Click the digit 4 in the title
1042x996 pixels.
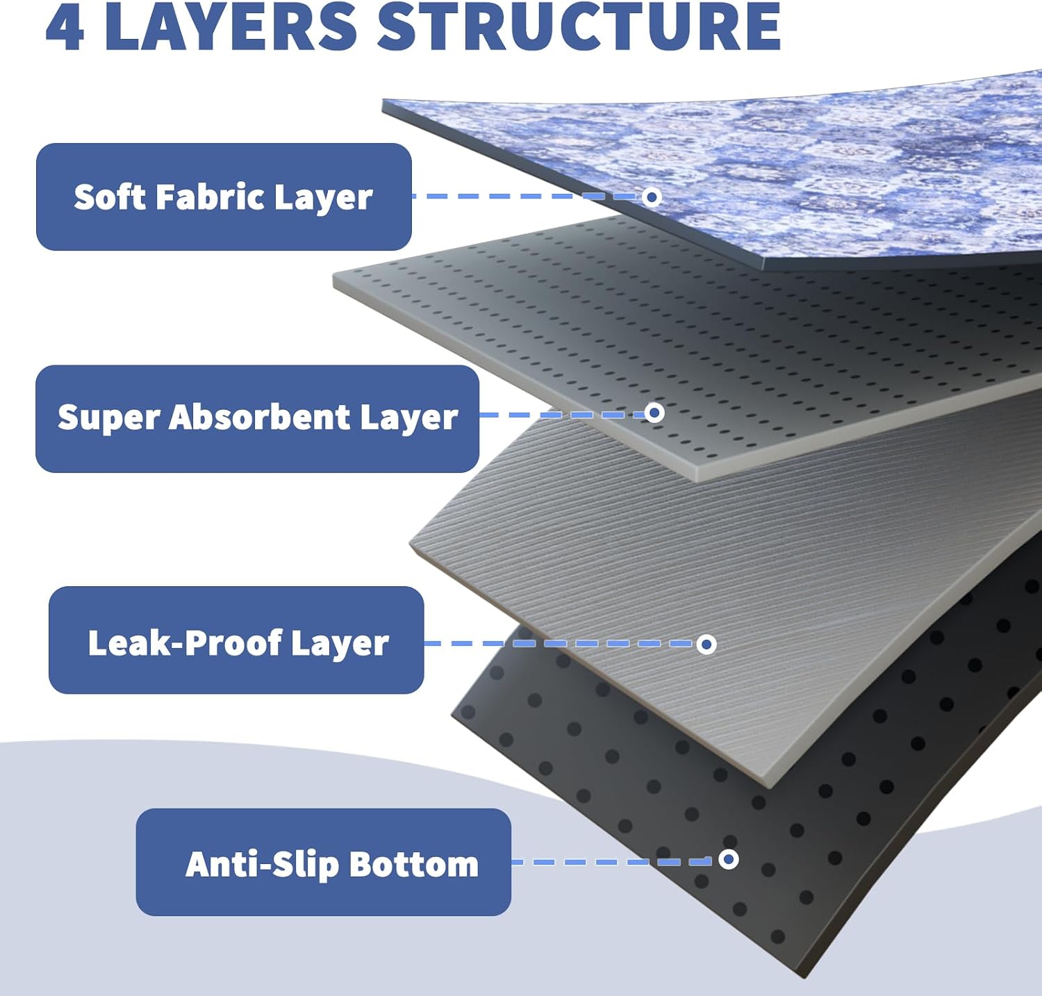pos(65,28)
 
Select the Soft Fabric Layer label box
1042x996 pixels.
pos(224,197)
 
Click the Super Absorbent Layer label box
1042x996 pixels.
pos(257,419)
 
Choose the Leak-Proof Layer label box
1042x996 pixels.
pos(236,640)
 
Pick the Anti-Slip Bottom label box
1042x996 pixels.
pos(324,862)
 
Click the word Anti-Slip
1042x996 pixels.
pos(263,865)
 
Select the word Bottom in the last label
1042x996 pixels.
pos(414,865)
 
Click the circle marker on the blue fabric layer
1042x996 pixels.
pos(652,197)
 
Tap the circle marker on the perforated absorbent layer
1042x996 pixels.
pos(654,413)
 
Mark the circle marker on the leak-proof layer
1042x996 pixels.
pos(706,645)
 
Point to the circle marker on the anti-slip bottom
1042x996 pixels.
pos(728,860)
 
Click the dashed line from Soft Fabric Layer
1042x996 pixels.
pos(527,197)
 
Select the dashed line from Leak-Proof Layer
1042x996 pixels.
pos(561,644)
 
